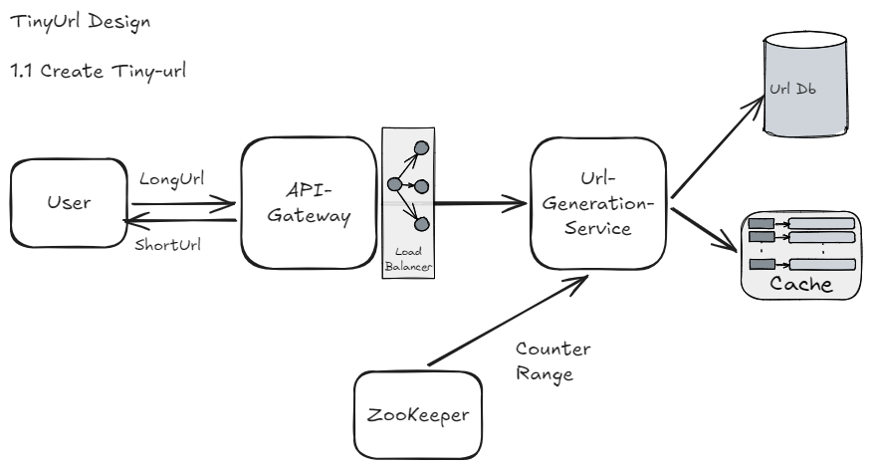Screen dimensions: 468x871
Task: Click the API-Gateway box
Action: click(305, 203)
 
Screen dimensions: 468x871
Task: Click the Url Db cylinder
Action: click(806, 90)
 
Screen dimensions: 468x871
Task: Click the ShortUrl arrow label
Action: click(167, 246)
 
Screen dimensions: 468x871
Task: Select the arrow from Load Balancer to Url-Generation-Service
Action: click(478, 206)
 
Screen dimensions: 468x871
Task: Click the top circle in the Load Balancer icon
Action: click(421, 147)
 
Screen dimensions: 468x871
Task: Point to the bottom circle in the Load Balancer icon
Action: click(421, 223)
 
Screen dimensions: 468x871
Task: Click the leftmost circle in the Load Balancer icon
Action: click(393, 185)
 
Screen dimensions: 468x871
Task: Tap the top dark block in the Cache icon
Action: click(762, 222)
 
